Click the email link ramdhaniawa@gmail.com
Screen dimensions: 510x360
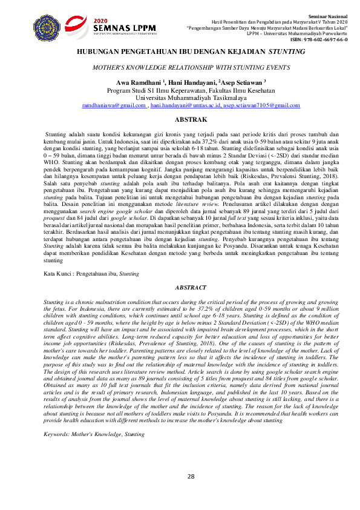pos(114,105)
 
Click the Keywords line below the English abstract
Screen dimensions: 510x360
pos(94,434)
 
